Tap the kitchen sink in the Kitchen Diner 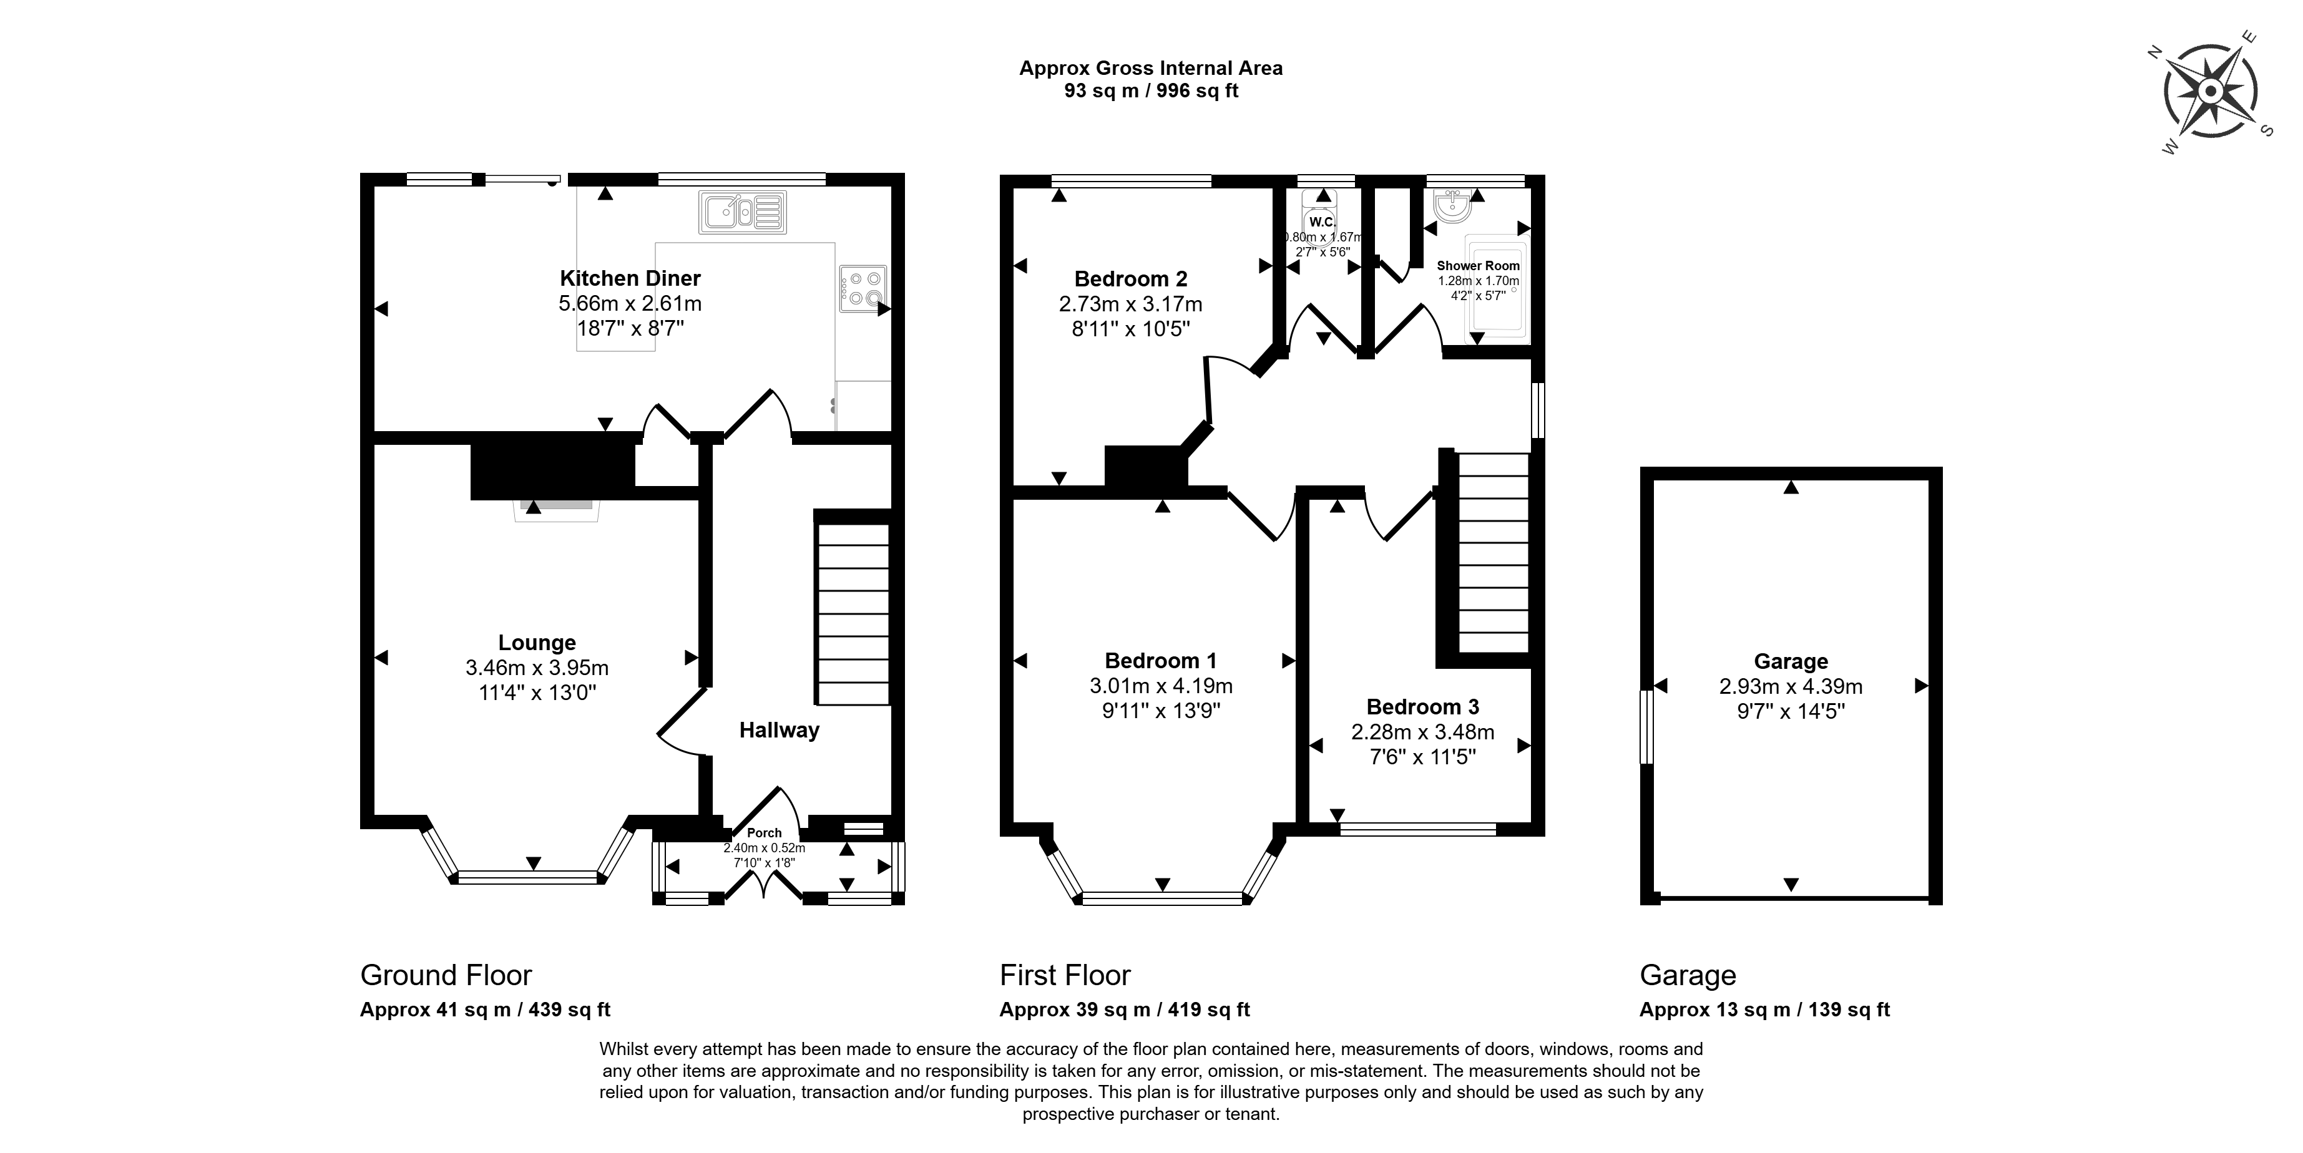pyautogui.click(x=743, y=213)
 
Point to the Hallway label pyautogui.click(x=780, y=730)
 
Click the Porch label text pyautogui.click(x=765, y=832)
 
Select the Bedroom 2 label pyautogui.click(x=1131, y=279)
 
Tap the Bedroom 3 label pyautogui.click(x=1422, y=707)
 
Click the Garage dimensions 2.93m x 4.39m pyautogui.click(x=1791, y=686)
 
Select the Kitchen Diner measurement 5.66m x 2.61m pyautogui.click(x=630, y=303)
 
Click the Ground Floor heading pyautogui.click(x=446, y=975)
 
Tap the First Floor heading pyautogui.click(x=1065, y=975)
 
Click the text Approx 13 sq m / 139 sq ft pyautogui.click(x=1765, y=1010)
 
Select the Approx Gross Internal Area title pyautogui.click(x=1151, y=68)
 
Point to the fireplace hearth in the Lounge pyautogui.click(x=556, y=510)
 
